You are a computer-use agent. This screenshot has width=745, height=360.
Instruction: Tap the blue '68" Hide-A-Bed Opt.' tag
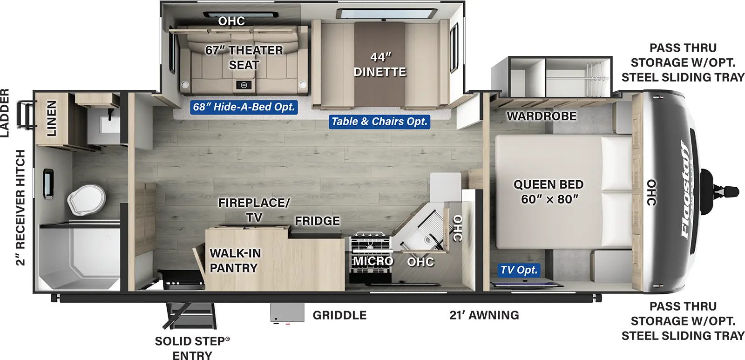(x=244, y=107)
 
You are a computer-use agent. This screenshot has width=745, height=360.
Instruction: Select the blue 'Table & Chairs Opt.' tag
(x=379, y=122)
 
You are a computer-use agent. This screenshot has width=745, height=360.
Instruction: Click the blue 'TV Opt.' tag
(x=519, y=270)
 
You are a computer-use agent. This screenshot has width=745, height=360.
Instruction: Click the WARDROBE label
(x=541, y=116)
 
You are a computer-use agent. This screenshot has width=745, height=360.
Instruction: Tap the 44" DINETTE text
(x=379, y=64)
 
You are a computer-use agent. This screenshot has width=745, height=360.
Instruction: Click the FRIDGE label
(x=317, y=221)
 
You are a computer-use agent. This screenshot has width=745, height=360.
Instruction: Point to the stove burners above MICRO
(x=370, y=242)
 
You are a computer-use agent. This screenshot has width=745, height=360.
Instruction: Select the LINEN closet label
(x=51, y=118)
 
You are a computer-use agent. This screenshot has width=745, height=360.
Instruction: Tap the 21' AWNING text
(x=484, y=315)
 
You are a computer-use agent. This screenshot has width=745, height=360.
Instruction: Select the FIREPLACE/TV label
(x=254, y=210)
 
